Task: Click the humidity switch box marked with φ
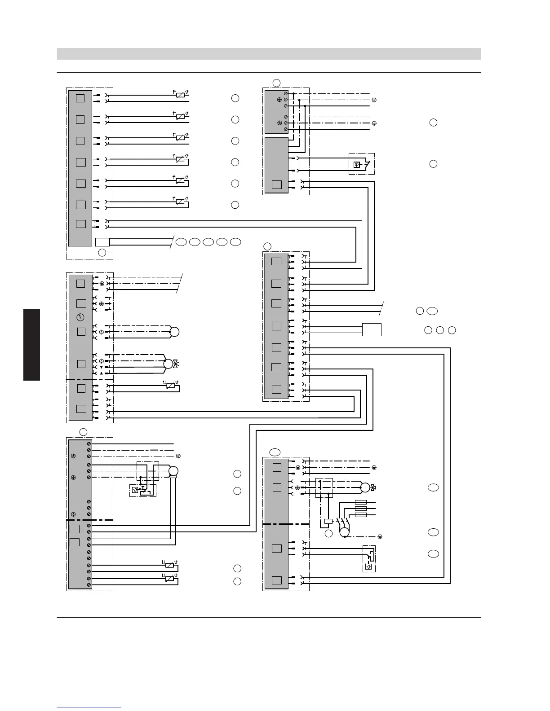coord(357,164)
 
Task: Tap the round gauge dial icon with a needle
coord(80,317)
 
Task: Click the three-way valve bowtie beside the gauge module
coord(176,363)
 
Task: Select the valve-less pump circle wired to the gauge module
coord(174,332)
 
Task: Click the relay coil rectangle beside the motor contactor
coord(328,522)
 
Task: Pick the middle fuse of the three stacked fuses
coord(361,508)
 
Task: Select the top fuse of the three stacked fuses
coord(361,502)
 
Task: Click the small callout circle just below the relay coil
coord(328,533)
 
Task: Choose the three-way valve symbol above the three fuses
coord(373,487)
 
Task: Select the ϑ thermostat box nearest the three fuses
coord(369,566)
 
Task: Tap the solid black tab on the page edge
coord(32,344)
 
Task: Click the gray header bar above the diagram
coord(269,54)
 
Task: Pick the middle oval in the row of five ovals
coord(208,242)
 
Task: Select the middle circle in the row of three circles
coord(440,330)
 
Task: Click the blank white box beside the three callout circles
coord(372,329)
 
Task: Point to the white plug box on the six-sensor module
coord(102,242)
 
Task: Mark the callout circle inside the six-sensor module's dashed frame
coord(102,253)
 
